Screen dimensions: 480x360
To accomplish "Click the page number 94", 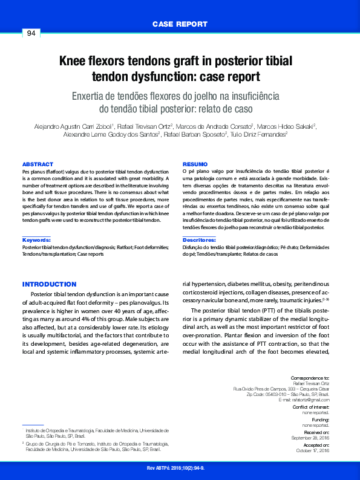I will (x=31, y=33).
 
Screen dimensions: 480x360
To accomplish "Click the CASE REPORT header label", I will (x=180, y=24).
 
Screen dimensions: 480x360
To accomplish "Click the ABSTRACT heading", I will (x=38, y=164).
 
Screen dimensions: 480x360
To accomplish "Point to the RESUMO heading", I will (x=195, y=164).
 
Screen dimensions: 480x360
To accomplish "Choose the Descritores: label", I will (x=200, y=240).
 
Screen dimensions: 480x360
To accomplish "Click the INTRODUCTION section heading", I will (x=49, y=284).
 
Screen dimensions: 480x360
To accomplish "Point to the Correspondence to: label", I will (x=310, y=377).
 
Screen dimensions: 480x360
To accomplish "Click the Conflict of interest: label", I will (x=311, y=407).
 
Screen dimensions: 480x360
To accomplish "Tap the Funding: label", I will (x=320, y=420).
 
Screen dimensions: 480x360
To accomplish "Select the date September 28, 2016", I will (x=310, y=438).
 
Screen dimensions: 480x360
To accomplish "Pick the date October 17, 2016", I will (x=312, y=450).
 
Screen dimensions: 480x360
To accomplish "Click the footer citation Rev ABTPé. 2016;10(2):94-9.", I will (x=175, y=469).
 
